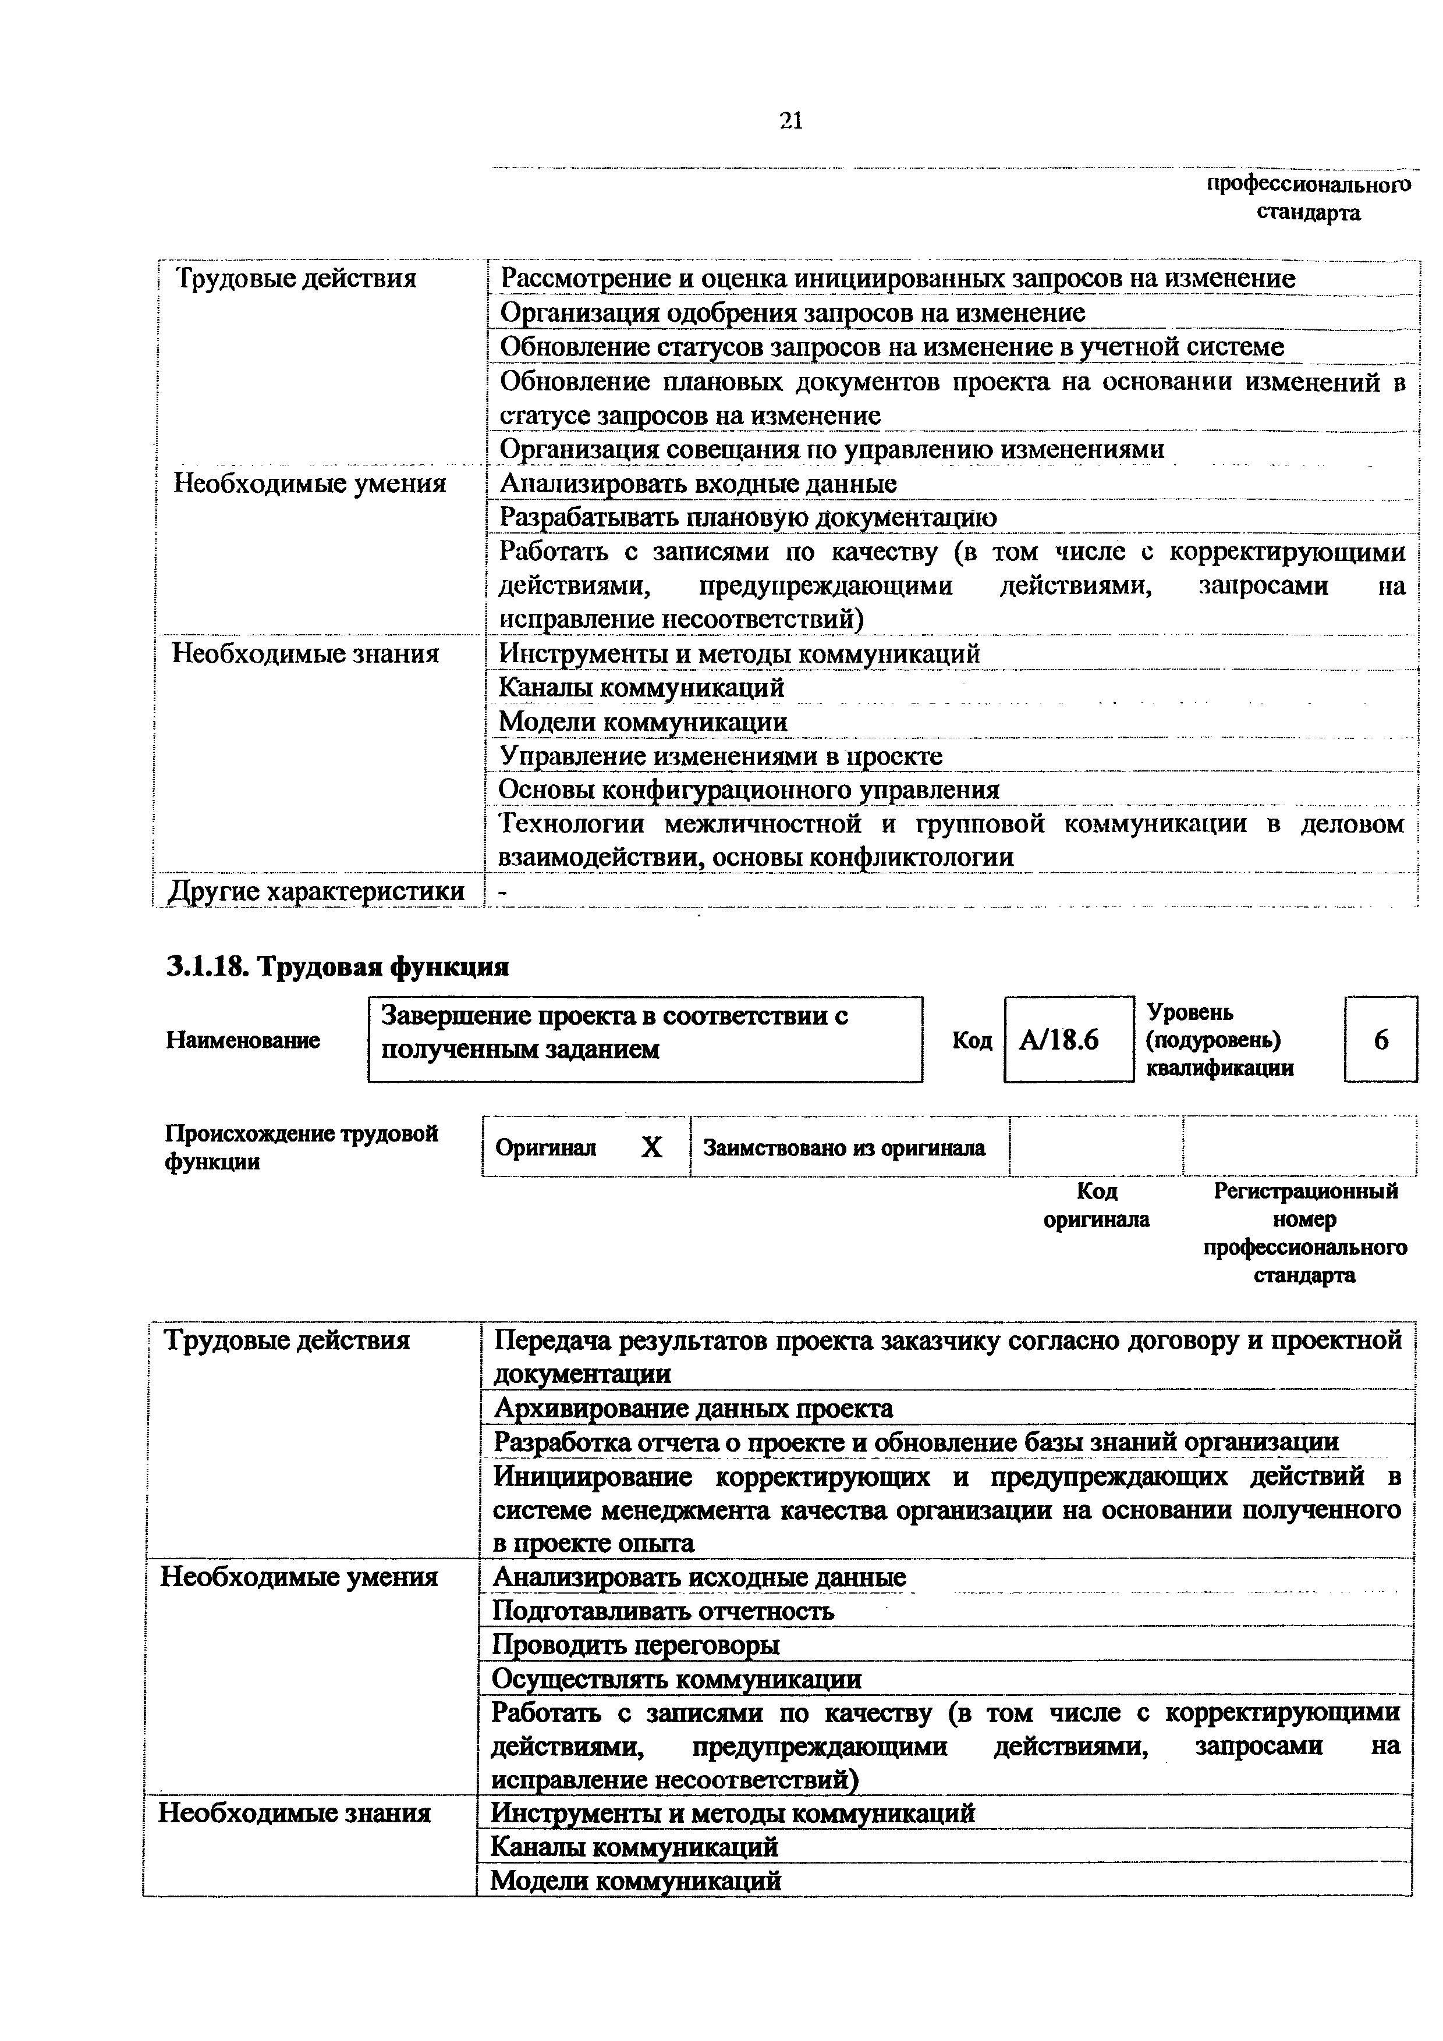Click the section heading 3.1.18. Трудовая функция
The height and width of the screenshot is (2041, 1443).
(x=337, y=966)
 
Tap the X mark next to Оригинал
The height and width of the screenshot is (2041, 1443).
(x=652, y=1147)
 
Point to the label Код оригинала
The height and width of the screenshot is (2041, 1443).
(x=1095, y=1204)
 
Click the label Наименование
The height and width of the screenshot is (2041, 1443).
(x=243, y=1040)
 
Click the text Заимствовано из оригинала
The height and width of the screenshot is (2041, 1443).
(x=844, y=1147)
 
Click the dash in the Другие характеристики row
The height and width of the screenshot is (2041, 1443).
(x=504, y=891)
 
